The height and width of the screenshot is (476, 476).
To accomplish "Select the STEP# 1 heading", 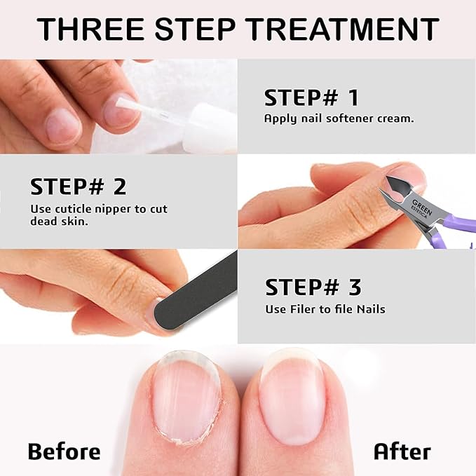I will tap(311, 97).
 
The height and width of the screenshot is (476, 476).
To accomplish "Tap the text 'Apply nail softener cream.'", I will tap(339, 118).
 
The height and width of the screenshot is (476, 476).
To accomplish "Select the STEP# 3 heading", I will tap(313, 287).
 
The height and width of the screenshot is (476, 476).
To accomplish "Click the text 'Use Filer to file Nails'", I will tap(325, 309).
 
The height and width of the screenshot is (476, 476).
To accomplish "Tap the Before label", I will tap(64, 451).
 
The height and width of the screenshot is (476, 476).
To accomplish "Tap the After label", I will tap(402, 451).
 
